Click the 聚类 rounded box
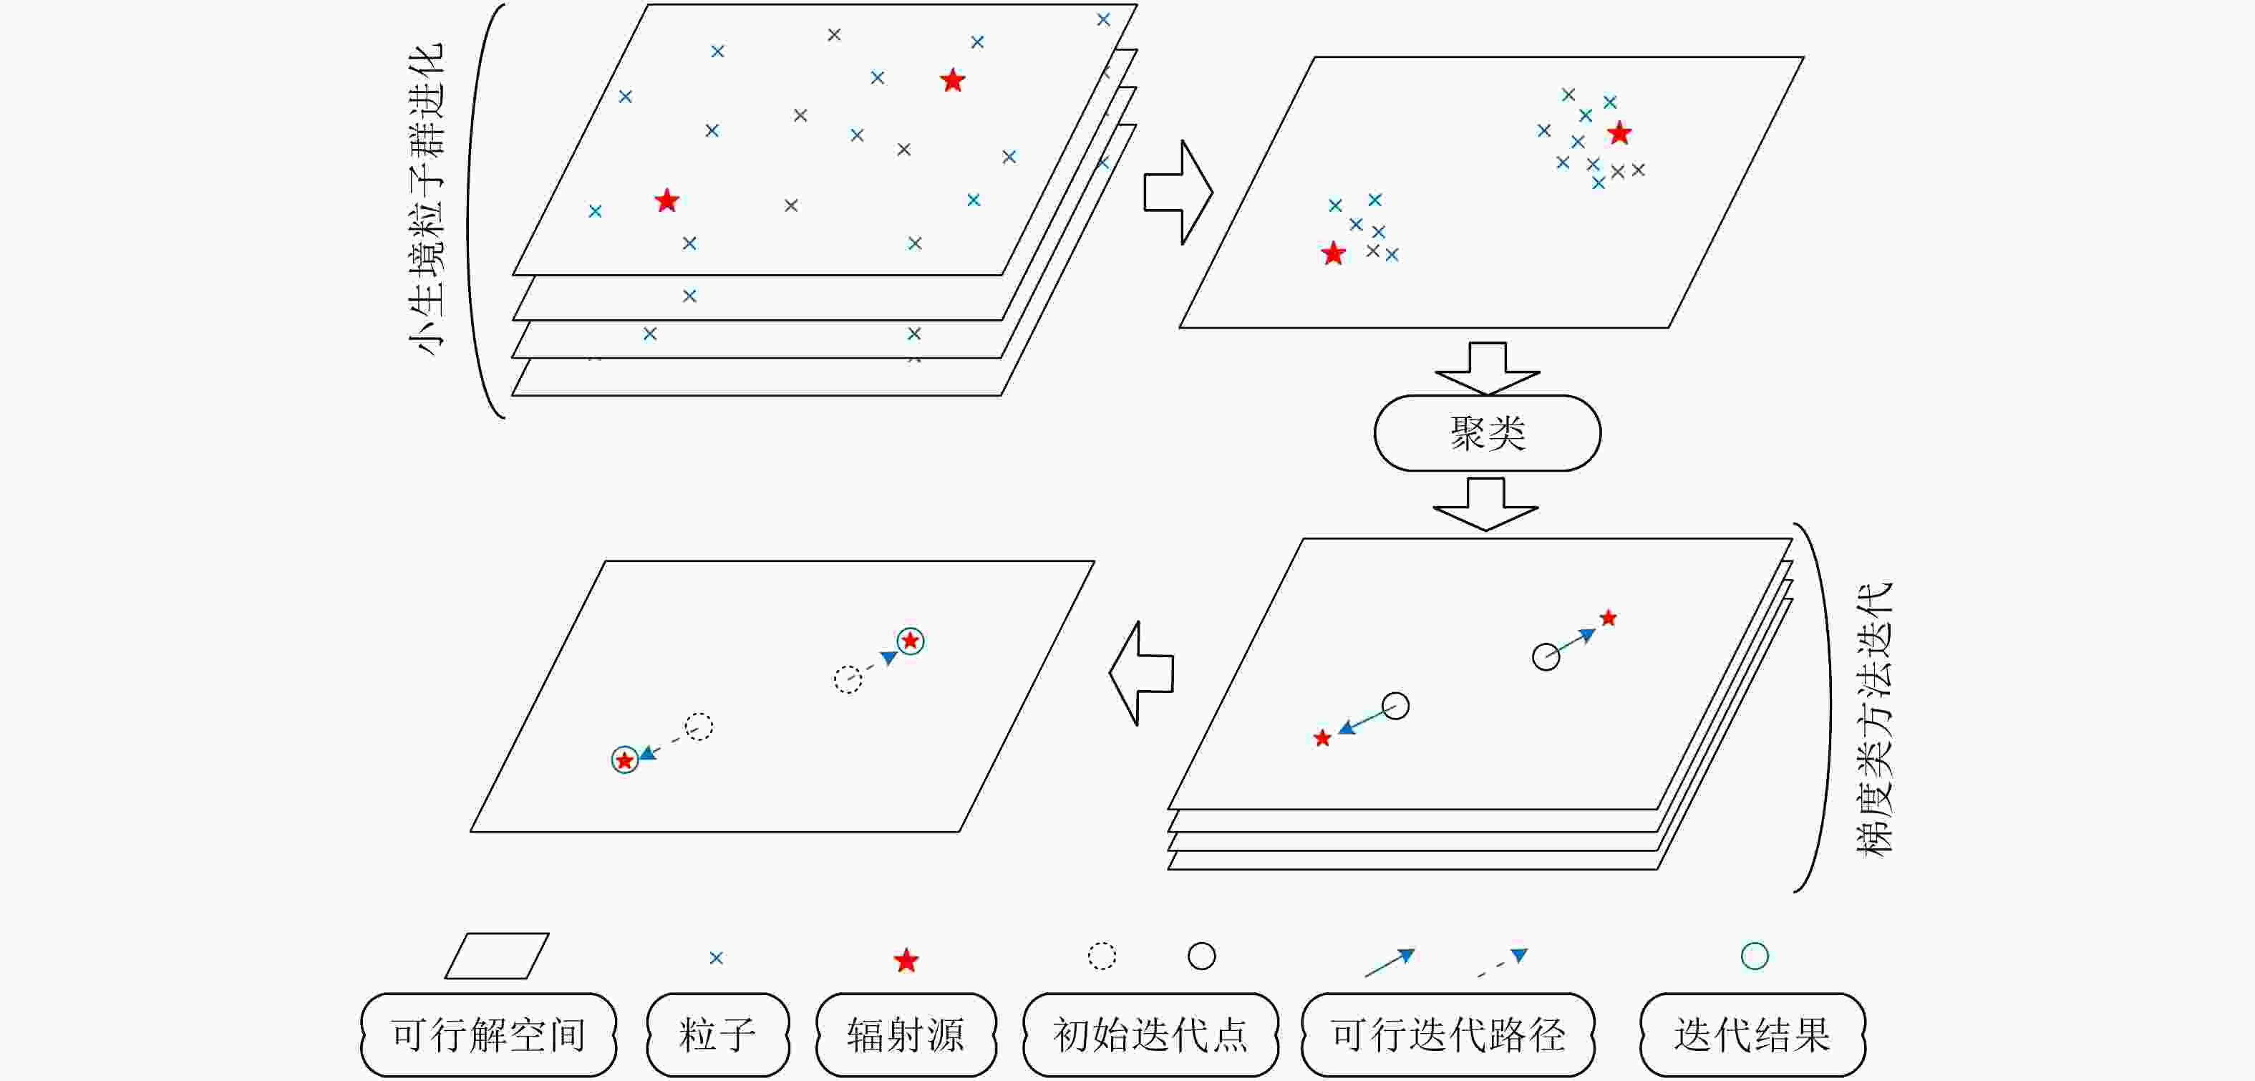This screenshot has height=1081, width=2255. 1488,433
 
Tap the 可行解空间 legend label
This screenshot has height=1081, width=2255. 488,1034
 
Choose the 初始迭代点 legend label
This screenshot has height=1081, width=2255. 1150,1034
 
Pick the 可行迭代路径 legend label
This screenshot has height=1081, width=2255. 1448,1034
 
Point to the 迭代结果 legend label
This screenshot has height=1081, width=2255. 1752,1034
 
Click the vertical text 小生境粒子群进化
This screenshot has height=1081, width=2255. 427,200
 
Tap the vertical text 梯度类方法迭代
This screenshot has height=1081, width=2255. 1874,719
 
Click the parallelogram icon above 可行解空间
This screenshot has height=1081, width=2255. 496,956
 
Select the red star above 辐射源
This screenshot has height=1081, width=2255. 906,960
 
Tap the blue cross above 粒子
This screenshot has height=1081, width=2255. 716,958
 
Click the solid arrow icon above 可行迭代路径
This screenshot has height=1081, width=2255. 1390,963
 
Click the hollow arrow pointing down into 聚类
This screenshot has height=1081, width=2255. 1488,369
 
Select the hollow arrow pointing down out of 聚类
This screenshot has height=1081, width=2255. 1485,504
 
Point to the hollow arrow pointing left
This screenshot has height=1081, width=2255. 1142,673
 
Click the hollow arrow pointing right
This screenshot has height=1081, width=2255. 1178,192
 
